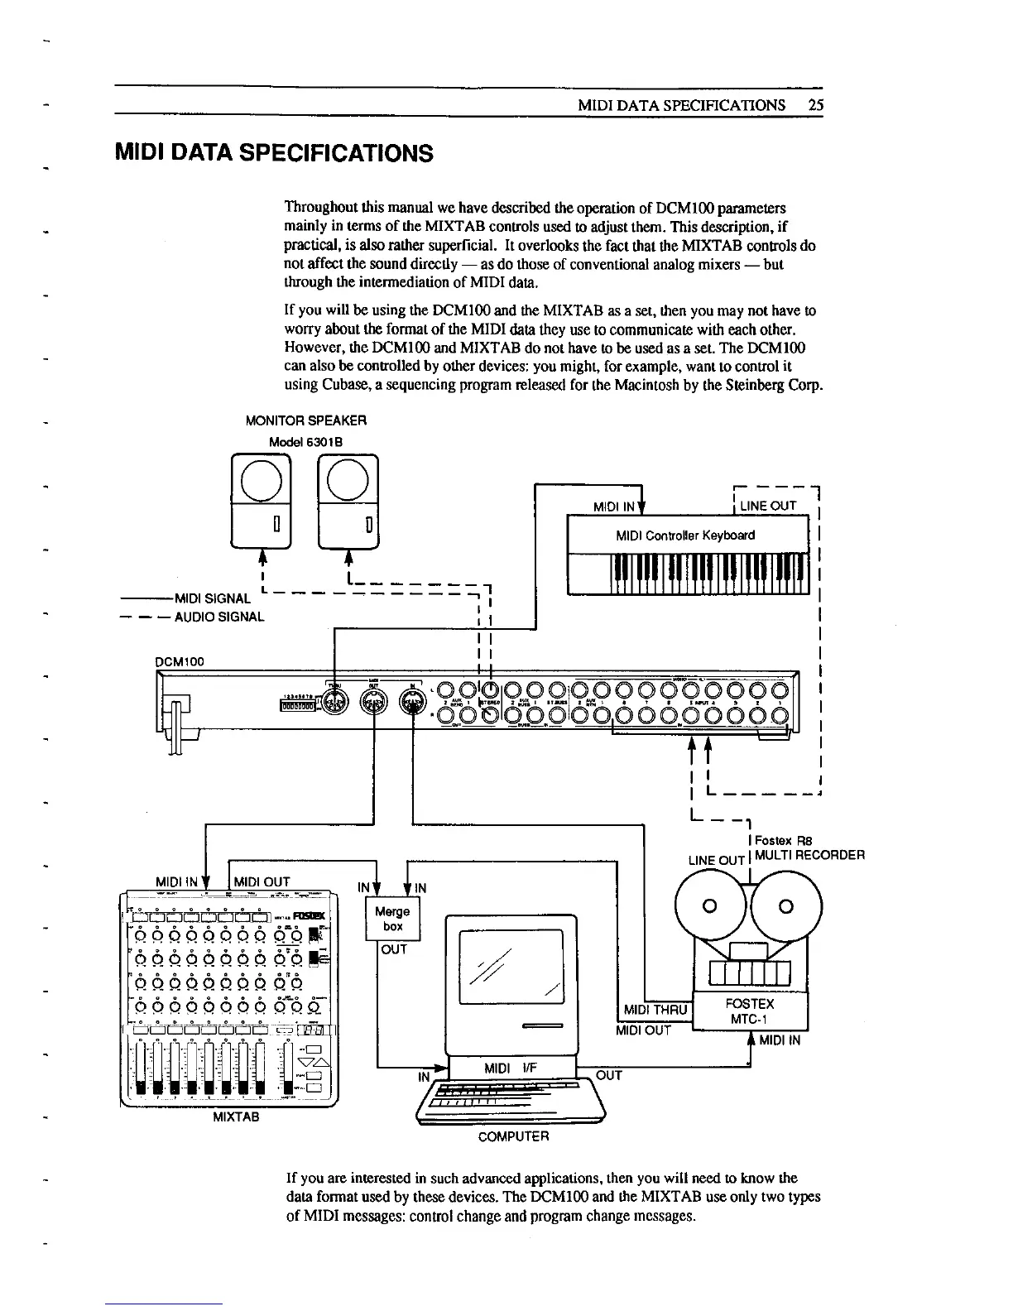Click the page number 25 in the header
[816, 105]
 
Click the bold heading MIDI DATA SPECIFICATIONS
[274, 153]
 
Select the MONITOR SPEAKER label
[306, 420]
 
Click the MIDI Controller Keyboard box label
[685, 535]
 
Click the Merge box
[393, 919]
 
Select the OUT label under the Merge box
[394, 949]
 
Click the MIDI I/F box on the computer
[511, 1068]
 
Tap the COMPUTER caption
[513, 1136]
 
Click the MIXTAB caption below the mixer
[236, 1117]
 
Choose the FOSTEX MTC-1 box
[749, 1011]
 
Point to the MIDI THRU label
[656, 1011]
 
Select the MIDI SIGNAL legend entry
[210, 598]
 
